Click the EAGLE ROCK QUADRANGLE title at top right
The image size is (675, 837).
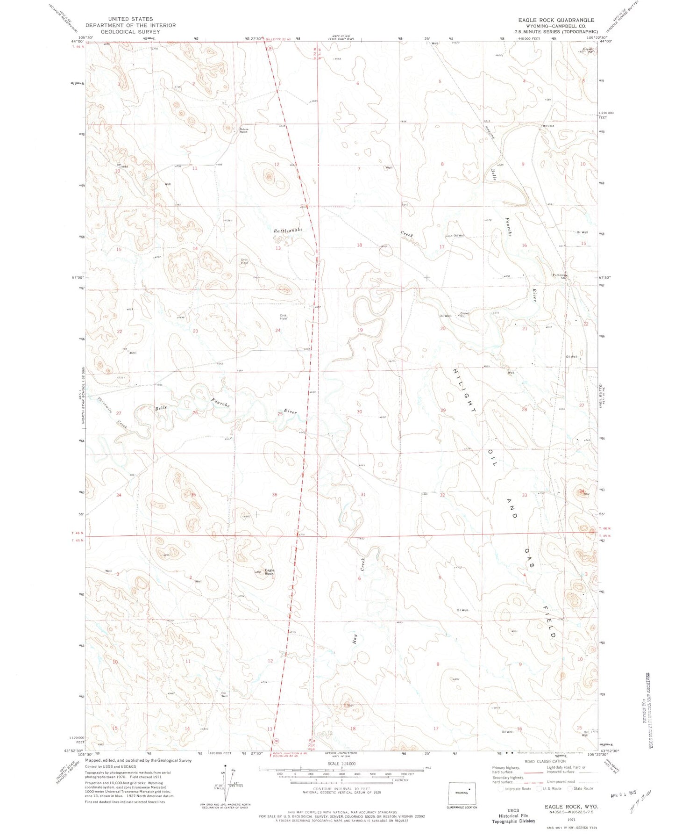[555, 20]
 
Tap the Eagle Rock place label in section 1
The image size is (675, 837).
[270, 571]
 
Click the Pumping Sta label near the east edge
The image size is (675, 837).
[559, 276]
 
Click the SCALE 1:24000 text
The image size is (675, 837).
[342, 764]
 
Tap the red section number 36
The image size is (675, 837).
[275, 495]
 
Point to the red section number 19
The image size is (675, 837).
[360, 330]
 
